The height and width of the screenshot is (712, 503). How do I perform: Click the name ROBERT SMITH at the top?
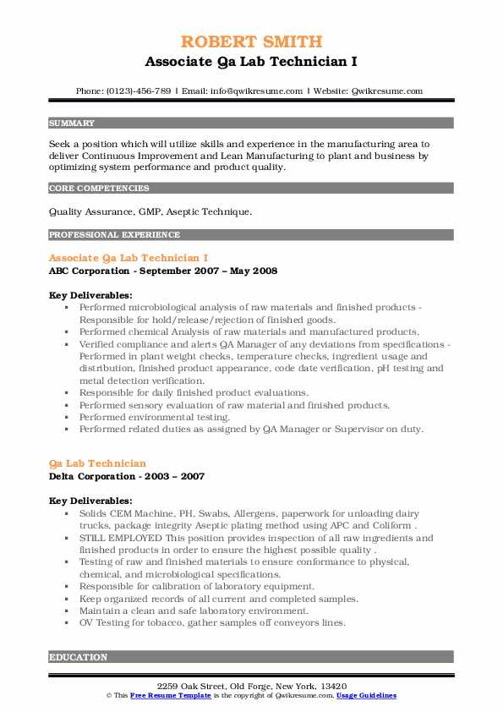(251, 42)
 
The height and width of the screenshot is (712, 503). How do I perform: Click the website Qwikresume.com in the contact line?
(388, 90)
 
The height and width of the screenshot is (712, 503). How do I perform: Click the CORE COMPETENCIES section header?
(99, 188)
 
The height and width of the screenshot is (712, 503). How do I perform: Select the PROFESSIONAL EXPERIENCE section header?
(114, 234)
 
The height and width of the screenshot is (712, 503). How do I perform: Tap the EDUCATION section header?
(78, 656)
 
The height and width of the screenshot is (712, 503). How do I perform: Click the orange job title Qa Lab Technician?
(97, 463)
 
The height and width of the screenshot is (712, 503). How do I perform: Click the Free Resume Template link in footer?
(166, 695)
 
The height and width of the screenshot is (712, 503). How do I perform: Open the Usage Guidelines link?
(365, 695)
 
